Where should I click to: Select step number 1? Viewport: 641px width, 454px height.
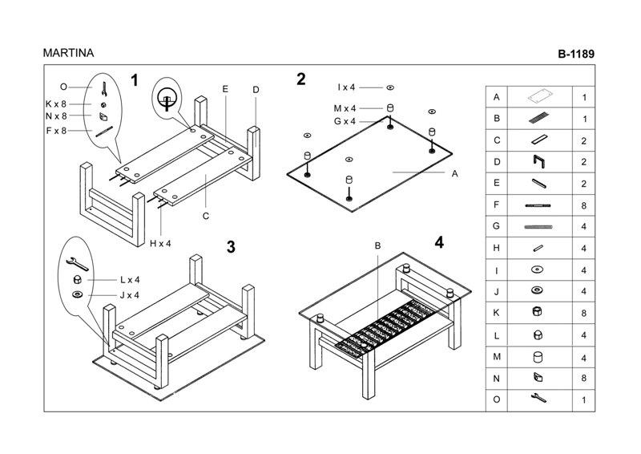[135, 80]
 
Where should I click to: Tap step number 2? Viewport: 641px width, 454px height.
[301, 79]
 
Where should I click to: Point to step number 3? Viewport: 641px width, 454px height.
[231, 247]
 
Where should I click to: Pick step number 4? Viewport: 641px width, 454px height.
[438, 242]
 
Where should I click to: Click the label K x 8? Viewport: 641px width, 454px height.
[56, 103]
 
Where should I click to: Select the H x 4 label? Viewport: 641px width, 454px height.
[161, 243]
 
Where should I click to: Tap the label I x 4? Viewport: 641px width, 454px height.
[346, 87]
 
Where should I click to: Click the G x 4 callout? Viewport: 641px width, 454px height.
[345, 121]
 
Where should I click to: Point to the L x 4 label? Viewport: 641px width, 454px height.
[130, 280]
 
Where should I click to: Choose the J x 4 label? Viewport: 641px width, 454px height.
[130, 295]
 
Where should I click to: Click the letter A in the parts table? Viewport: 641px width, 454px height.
[497, 97]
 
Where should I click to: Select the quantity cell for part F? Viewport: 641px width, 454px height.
[583, 205]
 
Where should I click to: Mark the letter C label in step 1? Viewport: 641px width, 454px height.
[206, 216]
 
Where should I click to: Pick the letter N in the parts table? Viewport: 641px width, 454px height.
[497, 377]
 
